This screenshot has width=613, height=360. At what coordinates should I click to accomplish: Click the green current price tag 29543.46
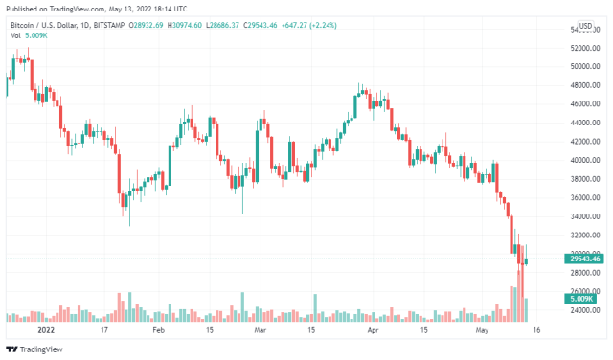tap(583, 259)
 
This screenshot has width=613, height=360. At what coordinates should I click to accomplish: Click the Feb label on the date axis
tap(159, 329)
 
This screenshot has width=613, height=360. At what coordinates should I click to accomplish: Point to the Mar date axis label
tap(260, 329)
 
